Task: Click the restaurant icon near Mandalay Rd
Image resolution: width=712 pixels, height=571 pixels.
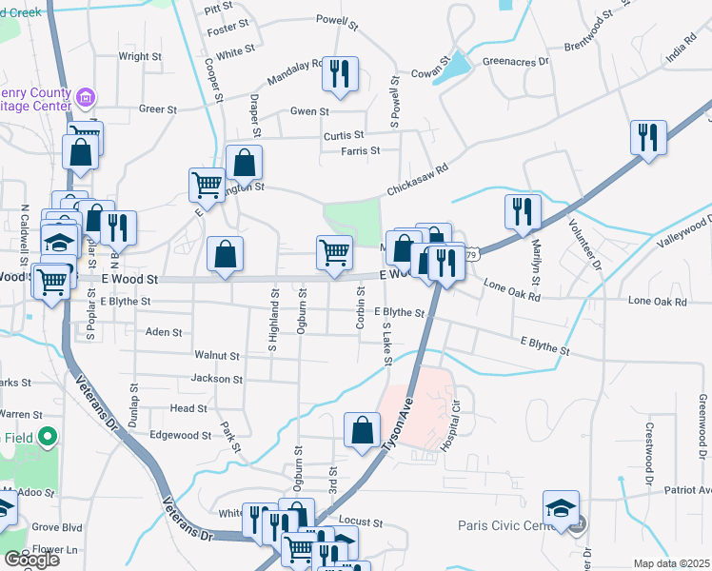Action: point(340,74)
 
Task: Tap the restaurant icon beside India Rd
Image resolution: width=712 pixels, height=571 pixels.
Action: point(648,136)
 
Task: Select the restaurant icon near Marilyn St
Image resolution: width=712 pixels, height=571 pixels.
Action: point(523,211)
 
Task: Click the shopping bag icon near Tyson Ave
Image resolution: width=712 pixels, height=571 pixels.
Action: point(363,429)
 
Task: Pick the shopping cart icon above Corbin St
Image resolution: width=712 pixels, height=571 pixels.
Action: point(334,253)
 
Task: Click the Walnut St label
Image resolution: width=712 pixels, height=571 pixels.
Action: point(216,355)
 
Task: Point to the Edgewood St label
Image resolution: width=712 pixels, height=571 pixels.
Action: point(180,435)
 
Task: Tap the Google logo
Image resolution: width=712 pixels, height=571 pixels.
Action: point(31,560)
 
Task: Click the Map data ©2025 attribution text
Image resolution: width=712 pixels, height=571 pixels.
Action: point(672,563)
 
